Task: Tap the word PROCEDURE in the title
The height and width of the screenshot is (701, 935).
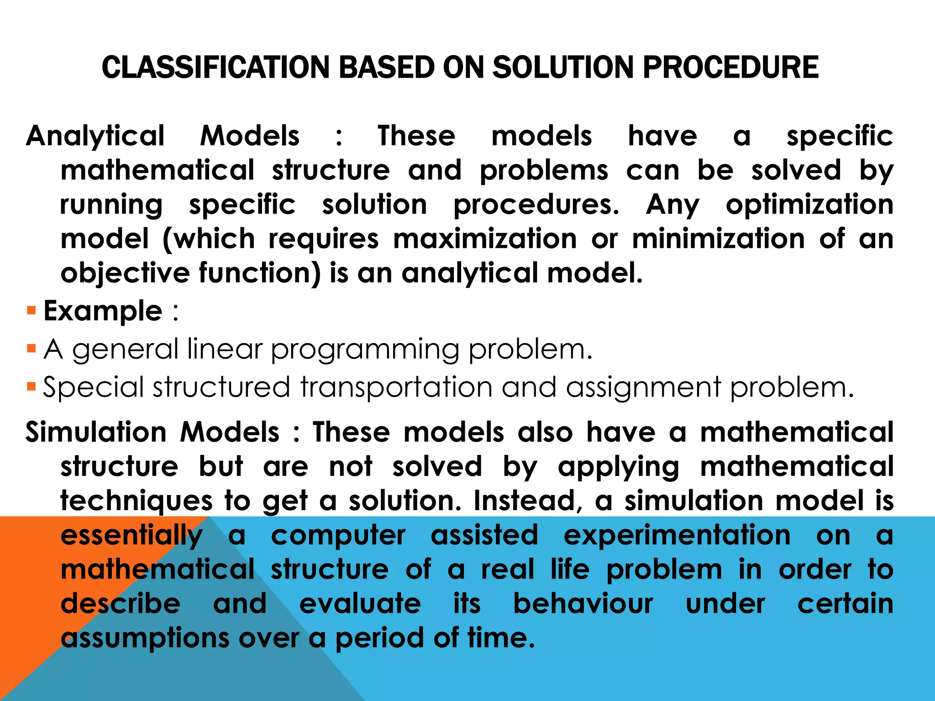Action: point(730,68)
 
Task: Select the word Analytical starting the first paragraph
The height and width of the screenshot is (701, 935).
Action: point(95,136)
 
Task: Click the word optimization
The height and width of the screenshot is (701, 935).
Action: point(809,204)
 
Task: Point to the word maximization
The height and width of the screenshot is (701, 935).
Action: point(485,239)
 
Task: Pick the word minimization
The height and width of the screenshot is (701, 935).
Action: point(718,239)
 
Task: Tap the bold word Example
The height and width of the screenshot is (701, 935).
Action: point(103,311)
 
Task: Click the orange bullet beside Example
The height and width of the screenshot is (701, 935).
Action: point(31,311)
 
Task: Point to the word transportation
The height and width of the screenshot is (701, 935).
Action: point(396,387)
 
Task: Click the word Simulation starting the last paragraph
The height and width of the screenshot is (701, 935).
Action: point(95,432)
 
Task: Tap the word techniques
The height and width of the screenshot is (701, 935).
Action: point(136,501)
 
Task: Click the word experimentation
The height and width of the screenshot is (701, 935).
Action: point(677,535)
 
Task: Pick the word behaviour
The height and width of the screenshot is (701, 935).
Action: point(583,604)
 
